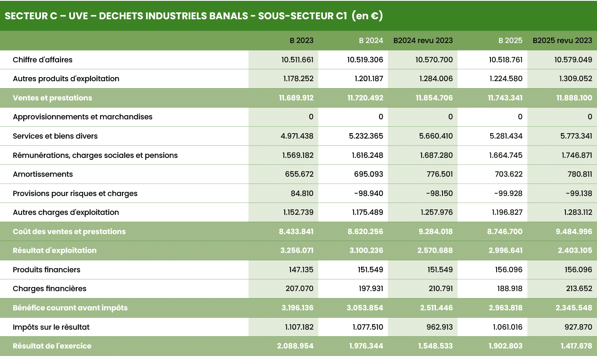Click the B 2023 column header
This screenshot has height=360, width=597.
click(301, 41)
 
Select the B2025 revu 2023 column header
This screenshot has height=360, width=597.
click(562, 41)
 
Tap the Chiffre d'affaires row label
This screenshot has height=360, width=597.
click(43, 60)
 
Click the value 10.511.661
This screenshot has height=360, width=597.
click(297, 60)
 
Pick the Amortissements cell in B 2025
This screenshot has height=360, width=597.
click(508, 174)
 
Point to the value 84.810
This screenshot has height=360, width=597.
click(302, 194)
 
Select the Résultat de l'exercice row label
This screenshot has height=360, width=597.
click(52, 346)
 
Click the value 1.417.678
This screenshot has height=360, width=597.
click(576, 346)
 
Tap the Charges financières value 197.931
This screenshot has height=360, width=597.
click(370, 289)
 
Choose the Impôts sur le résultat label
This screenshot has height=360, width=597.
click(51, 327)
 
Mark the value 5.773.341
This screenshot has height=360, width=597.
click(576, 136)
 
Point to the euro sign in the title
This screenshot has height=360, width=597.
click(374, 16)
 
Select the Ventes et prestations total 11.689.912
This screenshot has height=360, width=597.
click(296, 98)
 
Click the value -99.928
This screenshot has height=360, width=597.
click(508, 194)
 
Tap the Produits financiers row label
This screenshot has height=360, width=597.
click(46, 270)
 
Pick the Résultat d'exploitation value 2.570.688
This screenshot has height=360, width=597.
click(435, 251)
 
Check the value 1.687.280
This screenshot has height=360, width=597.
click(436, 155)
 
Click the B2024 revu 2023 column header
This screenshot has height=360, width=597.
click(423, 41)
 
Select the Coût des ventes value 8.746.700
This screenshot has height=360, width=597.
click(504, 232)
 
